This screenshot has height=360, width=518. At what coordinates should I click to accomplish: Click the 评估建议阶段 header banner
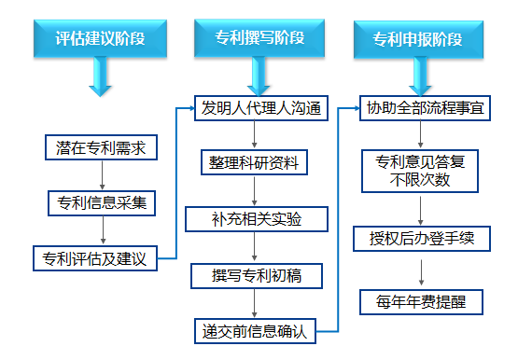click(100, 39)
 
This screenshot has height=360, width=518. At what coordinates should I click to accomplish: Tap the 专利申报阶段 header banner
click(417, 39)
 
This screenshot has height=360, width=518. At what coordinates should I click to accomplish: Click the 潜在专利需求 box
click(101, 146)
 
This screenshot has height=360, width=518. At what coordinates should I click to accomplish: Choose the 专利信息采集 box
click(101, 201)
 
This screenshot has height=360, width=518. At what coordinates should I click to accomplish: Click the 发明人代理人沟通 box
click(260, 108)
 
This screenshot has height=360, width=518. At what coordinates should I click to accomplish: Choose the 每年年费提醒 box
click(419, 302)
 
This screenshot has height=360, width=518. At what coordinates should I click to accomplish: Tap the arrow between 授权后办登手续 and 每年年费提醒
click(419, 270)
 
